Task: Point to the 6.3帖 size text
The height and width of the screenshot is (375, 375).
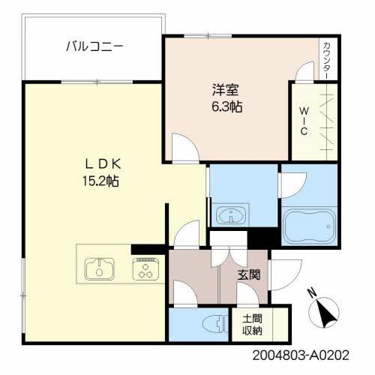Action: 226,106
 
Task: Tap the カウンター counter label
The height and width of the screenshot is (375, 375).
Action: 328,58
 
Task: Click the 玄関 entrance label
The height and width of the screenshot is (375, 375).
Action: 249,275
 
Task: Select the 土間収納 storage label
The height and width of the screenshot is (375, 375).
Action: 252,324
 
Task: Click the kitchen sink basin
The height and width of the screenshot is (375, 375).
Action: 98,268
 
